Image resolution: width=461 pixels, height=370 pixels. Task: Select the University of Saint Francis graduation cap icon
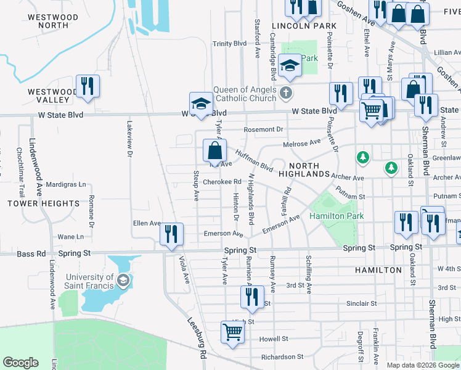(x=123, y=281)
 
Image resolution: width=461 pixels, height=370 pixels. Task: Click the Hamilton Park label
(x=336, y=216)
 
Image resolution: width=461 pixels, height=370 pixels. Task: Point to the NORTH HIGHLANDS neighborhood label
(x=304, y=170)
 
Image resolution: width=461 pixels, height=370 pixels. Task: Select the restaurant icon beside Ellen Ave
(x=171, y=234)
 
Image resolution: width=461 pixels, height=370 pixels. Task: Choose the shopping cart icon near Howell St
(x=232, y=332)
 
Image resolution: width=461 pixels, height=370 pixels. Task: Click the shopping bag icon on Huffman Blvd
(x=214, y=150)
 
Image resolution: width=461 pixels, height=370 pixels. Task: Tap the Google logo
(x=21, y=363)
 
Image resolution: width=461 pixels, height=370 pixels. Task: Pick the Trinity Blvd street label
(x=229, y=44)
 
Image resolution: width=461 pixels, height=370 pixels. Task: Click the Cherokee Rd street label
(x=221, y=182)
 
